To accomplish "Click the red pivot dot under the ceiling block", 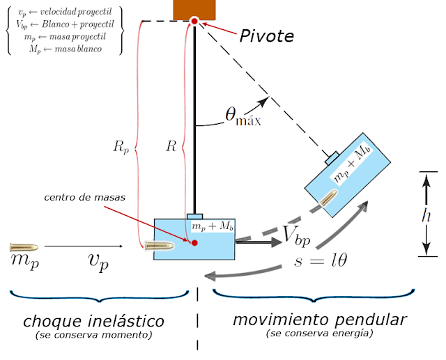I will [194, 21].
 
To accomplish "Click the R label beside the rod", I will [170, 147].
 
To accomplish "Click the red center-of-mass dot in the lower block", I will [194, 242].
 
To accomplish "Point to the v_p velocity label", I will [98, 261].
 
